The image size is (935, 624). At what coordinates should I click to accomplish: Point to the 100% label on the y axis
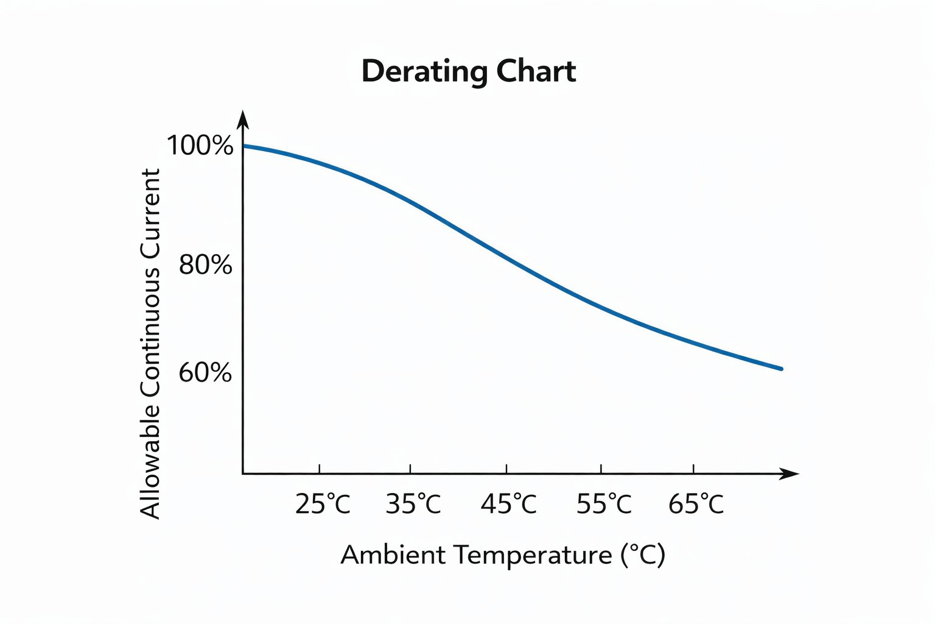click(x=200, y=146)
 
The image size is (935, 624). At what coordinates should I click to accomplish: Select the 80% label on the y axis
click(x=206, y=266)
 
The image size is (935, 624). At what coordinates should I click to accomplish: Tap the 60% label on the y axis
click(x=205, y=372)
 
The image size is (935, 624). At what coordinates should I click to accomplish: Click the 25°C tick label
click(x=323, y=505)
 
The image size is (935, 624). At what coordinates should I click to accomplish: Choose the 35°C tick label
click(x=413, y=505)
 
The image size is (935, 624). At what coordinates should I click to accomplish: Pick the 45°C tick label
click(x=509, y=505)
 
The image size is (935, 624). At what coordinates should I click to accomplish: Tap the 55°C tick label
click(x=604, y=505)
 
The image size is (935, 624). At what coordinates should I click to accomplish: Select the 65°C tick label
click(x=696, y=505)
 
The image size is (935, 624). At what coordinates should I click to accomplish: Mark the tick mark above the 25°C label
click(x=319, y=468)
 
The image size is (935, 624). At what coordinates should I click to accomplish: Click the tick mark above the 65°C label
click(x=693, y=468)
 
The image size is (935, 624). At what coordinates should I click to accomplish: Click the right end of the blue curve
click(x=780, y=368)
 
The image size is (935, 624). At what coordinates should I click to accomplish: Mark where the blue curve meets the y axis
click(x=243, y=146)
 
